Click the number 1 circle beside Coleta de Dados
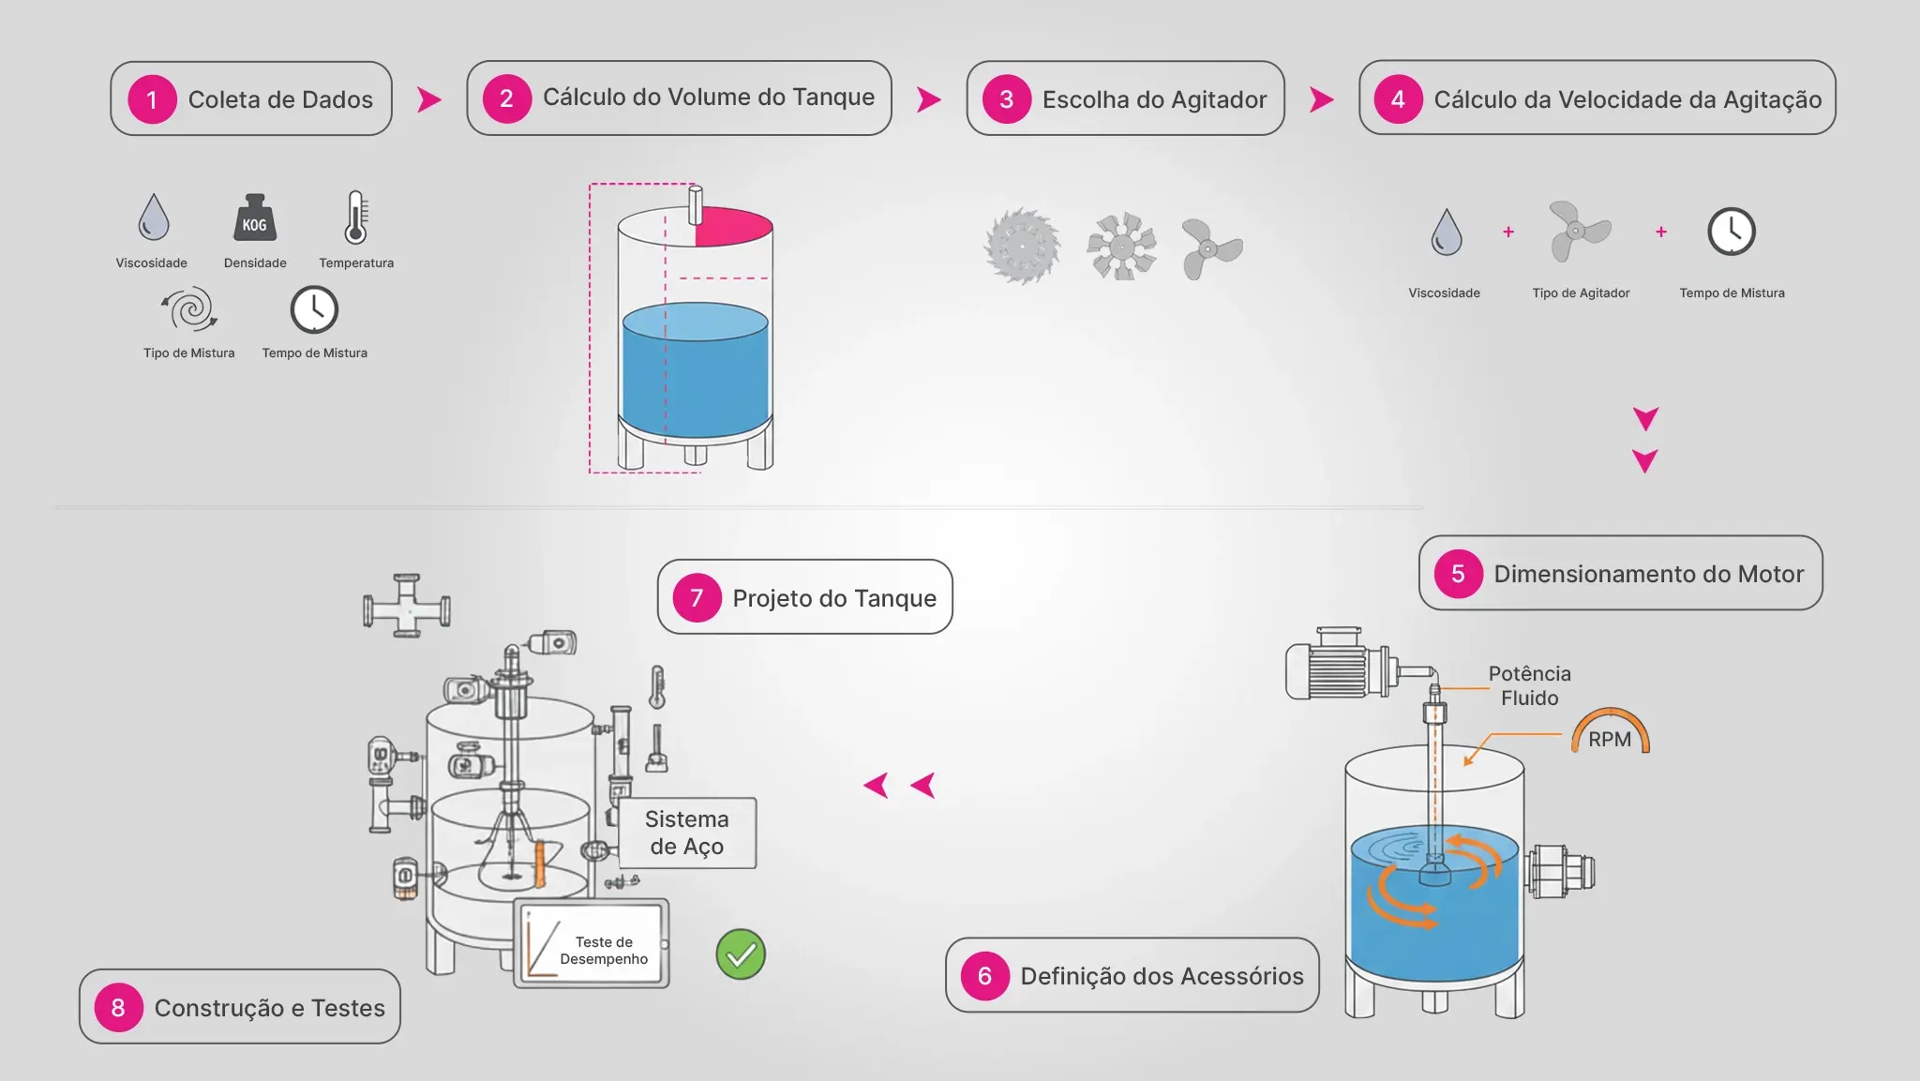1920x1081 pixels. pyautogui.click(x=152, y=99)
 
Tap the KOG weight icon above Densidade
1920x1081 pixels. pyautogui.click(x=254, y=219)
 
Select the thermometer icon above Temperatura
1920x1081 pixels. pyautogui.click(x=355, y=218)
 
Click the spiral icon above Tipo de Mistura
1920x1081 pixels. pyautogui.click(x=190, y=308)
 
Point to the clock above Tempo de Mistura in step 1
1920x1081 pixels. pyautogui.click(x=314, y=309)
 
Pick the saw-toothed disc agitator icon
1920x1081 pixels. pyautogui.click(x=1022, y=247)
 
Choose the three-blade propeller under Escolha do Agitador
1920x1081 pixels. pyautogui.click(x=1210, y=248)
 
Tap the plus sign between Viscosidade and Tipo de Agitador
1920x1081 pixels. pyautogui.click(x=1508, y=232)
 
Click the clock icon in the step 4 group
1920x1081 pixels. pyautogui.click(x=1731, y=232)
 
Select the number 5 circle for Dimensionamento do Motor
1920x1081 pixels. pyautogui.click(x=1458, y=574)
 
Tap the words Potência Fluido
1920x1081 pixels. pyautogui.click(x=1529, y=685)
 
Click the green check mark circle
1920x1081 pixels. pyautogui.click(x=741, y=954)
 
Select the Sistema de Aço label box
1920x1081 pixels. pyautogui.click(x=687, y=833)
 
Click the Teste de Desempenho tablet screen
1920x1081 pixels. pyautogui.click(x=592, y=943)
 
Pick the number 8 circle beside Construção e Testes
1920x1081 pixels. pyautogui.click(x=118, y=1008)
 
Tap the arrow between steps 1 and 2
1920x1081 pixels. pyautogui.click(x=429, y=99)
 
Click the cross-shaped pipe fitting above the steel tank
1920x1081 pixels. pyautogui.click(x=407, y=606)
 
